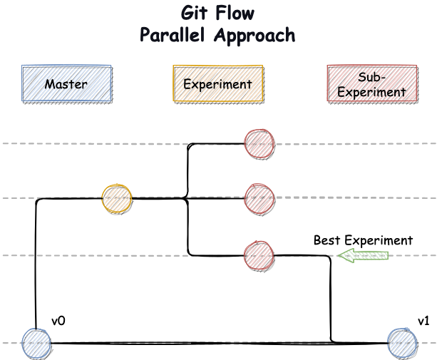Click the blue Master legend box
pos(67,83)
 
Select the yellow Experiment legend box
pos(218,83)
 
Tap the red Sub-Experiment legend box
pos(373,83)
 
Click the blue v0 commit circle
pos(36,344)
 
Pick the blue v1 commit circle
pos(403,344)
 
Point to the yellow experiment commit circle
pos(117,199)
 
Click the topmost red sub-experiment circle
pos(259,144)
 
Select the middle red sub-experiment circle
pos(259,199)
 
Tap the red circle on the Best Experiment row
pos(259,256)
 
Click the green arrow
pos(363,256)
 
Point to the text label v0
pos(58,322)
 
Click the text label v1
pos(423,322)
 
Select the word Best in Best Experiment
pos(327,240)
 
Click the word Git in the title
pos(194,13)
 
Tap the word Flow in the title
pos(235,13)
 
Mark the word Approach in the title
pos(255,36)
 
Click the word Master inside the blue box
pos(66,84)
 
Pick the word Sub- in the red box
pos(372,77)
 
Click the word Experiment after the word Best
pos(379,241)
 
